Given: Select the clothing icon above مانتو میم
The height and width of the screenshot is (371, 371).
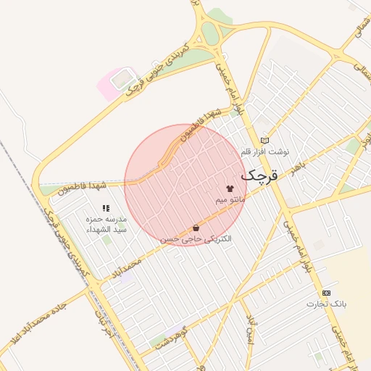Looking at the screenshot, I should click(x=230, y=188).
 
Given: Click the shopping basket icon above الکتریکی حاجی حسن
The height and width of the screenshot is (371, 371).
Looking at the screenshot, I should click(x=196, y=228).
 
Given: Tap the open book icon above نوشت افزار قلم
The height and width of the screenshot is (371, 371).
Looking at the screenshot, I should click(x=264, y=141).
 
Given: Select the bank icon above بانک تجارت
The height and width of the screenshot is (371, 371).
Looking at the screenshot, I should click(x=327, y=292).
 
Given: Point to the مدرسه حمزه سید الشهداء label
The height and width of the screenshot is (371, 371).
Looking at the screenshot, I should click(x=107, y=223).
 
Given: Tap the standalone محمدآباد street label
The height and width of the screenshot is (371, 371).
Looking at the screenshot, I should click(x=142, y=258).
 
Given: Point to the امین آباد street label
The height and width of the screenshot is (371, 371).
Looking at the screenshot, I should click(x=251, y=323).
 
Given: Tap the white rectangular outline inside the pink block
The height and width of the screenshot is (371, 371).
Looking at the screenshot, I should click(x=123, y=78).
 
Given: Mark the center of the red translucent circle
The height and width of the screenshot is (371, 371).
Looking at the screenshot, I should click(x=185, y=185).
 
